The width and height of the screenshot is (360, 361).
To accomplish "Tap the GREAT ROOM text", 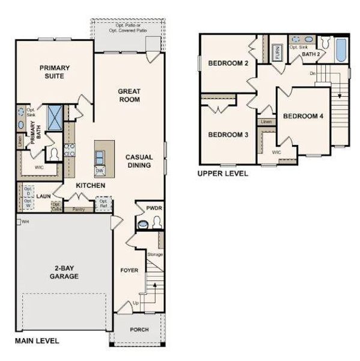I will coord(129,95).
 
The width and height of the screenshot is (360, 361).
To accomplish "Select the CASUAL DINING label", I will coord(139,161).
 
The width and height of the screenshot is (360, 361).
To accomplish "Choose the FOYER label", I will coord(129,270).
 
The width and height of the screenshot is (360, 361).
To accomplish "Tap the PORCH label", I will coord(139,330).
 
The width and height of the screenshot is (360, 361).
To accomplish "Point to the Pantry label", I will coord(78,209).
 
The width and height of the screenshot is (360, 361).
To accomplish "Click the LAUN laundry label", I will coord(42,196).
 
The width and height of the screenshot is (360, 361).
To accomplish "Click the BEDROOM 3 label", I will coord(228,135).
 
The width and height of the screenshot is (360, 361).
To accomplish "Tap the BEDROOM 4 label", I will coord(304,116).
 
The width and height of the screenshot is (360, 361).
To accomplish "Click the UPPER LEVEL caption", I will coord(222,173).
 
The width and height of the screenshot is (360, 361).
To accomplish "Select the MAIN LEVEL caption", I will coord(37,341).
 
